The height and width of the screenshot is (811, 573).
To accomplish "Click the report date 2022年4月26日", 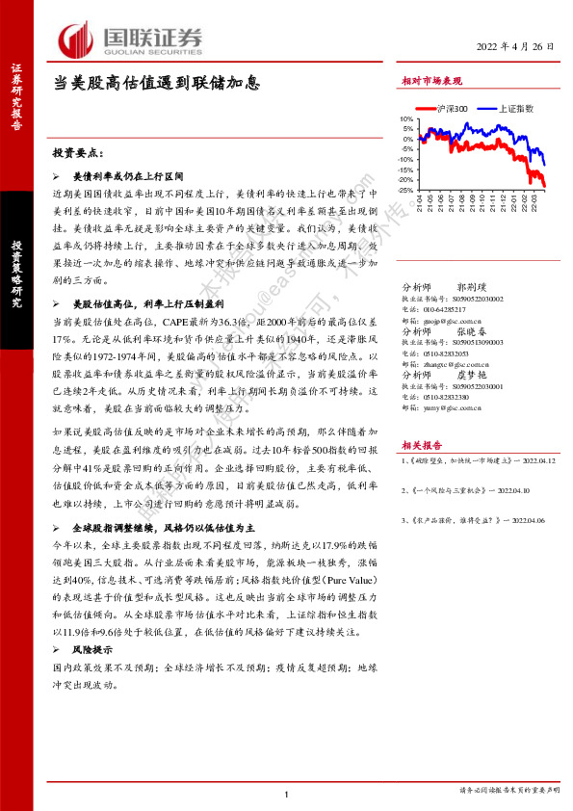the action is (x=516, y=47).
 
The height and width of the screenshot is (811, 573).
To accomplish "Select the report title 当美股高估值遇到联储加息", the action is (x=156, y=82).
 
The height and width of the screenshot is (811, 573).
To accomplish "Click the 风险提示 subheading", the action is (x=95, y=652).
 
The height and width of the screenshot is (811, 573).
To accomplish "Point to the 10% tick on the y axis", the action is (x=405, y=119).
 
